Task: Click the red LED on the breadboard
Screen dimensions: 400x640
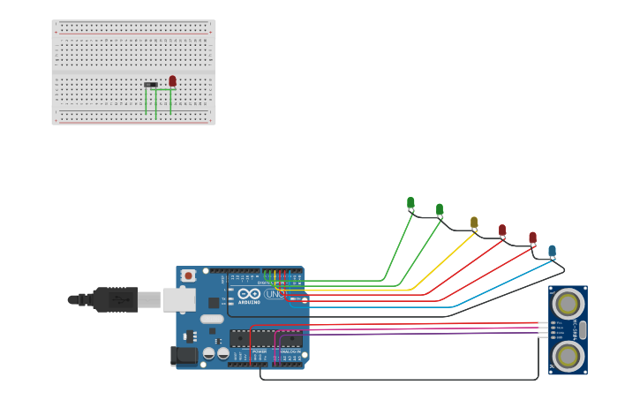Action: click(172, 80)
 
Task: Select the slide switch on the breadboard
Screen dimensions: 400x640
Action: click(151, 85)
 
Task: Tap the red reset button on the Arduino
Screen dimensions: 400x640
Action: click(188, 275)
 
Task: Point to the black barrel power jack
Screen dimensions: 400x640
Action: click(184, 355)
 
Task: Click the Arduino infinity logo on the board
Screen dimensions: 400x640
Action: click(249, 293)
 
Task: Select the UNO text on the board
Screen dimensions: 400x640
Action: click(275, 293)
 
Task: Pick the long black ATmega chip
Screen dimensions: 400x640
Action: click(266, 338)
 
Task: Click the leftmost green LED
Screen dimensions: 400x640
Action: click(410, 203)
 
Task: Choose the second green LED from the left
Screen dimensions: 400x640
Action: click(440, 209)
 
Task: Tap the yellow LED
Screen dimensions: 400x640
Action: click(474, 222)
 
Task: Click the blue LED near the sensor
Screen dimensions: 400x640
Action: click(552, 251)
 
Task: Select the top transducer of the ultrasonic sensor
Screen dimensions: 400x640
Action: click(567, 303)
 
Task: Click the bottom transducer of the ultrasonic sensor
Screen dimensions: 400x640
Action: click(567, 356)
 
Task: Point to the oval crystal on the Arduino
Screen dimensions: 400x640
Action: click(212, 319)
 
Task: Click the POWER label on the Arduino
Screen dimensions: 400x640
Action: click(260, 351)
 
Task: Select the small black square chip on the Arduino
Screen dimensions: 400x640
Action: click(214, 303)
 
